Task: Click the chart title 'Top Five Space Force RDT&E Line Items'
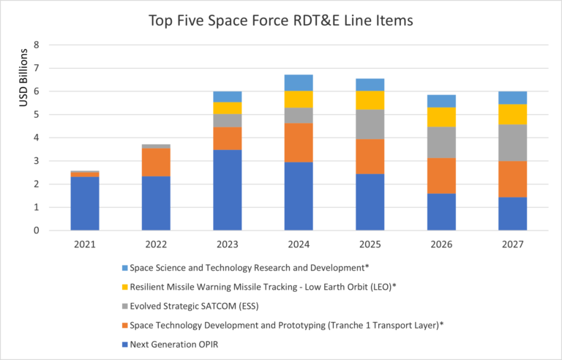coord(281,20)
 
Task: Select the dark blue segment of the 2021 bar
coord(84,203)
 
